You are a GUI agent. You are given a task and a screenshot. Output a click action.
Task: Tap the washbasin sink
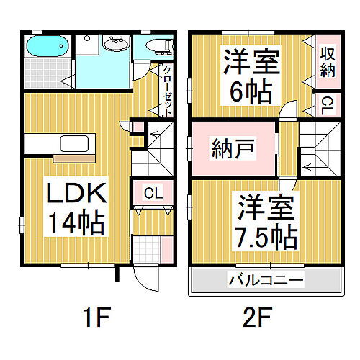pos(114,45)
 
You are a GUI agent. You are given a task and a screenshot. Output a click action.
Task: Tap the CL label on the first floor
pos(152,193)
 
